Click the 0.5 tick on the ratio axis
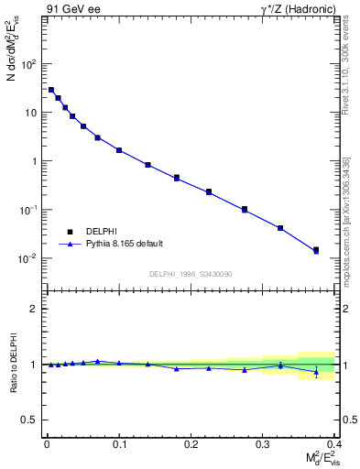click(30, 420)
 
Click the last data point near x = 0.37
click(316, 249)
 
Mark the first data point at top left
click(51, 90)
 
